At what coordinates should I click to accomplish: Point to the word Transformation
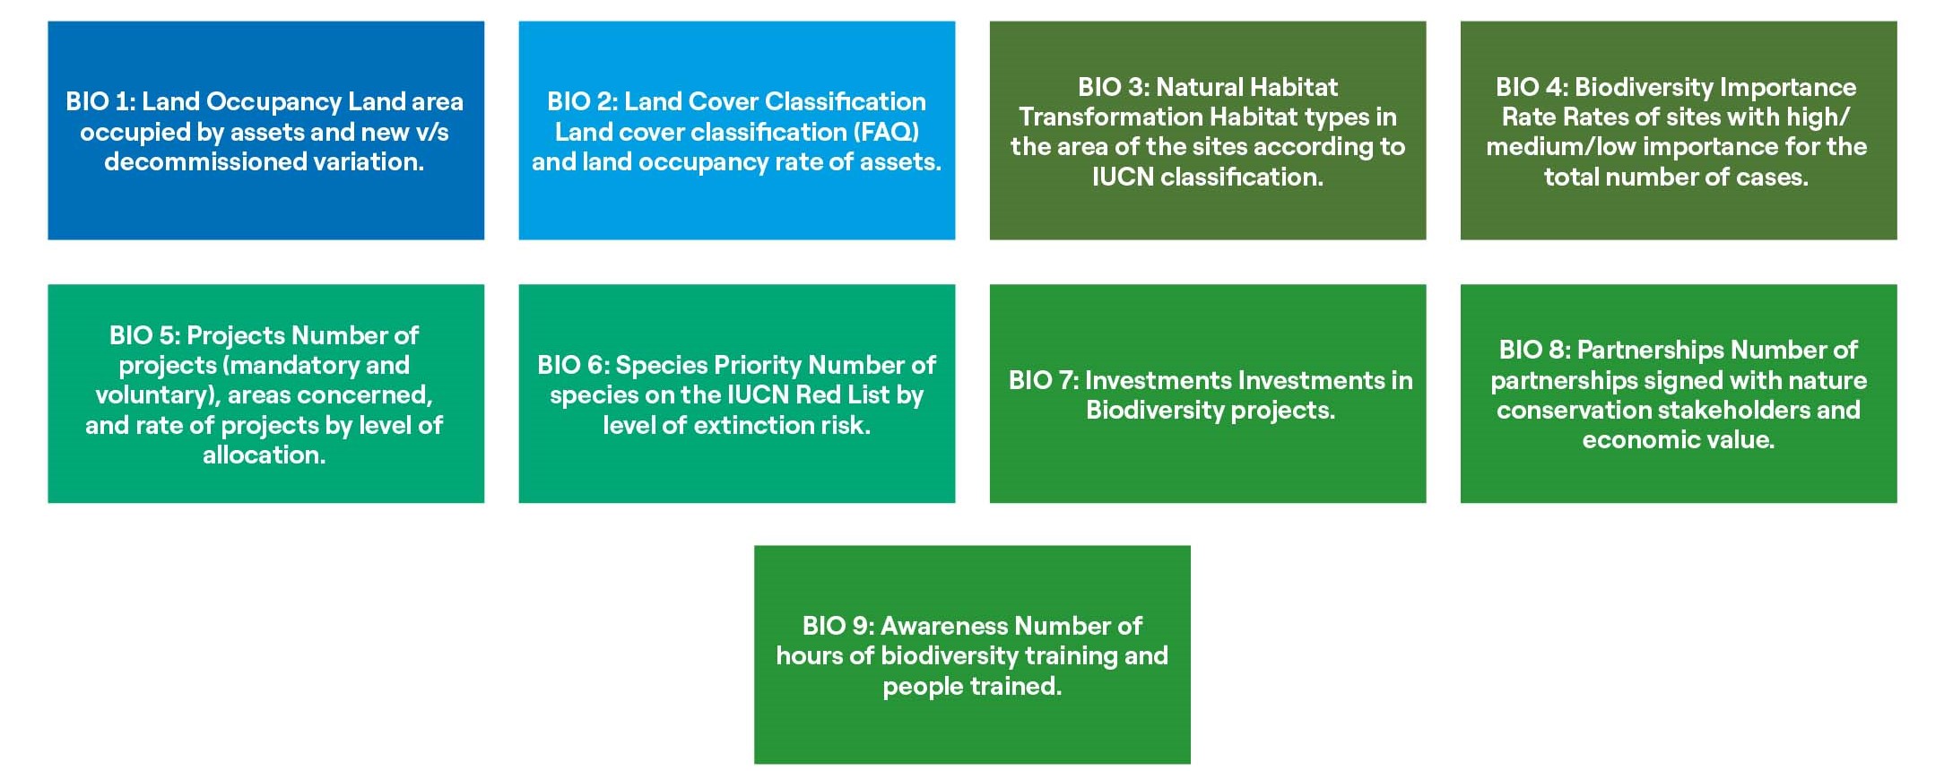1107,117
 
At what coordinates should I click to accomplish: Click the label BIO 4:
1532,88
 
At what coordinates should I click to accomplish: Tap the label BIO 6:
573,366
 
